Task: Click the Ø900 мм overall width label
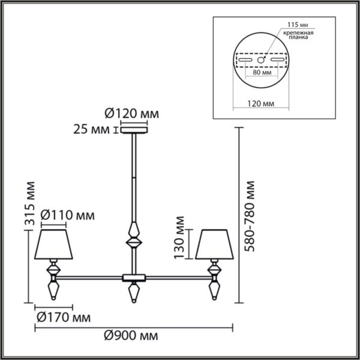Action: (x=131, y=336)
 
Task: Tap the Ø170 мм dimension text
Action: (x=64, y=318)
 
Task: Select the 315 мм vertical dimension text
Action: (x=30, y=203)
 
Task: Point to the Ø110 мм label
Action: (x=67, y=215)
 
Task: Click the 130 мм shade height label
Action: (x=179, y=238)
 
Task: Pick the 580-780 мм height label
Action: (x=250, y=216)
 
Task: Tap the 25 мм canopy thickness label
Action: (x=91, y=130)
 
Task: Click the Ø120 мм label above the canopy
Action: (x=132, y=113)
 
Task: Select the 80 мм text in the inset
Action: (x=262, y=73)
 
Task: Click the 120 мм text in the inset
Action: (x=261, y=104)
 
